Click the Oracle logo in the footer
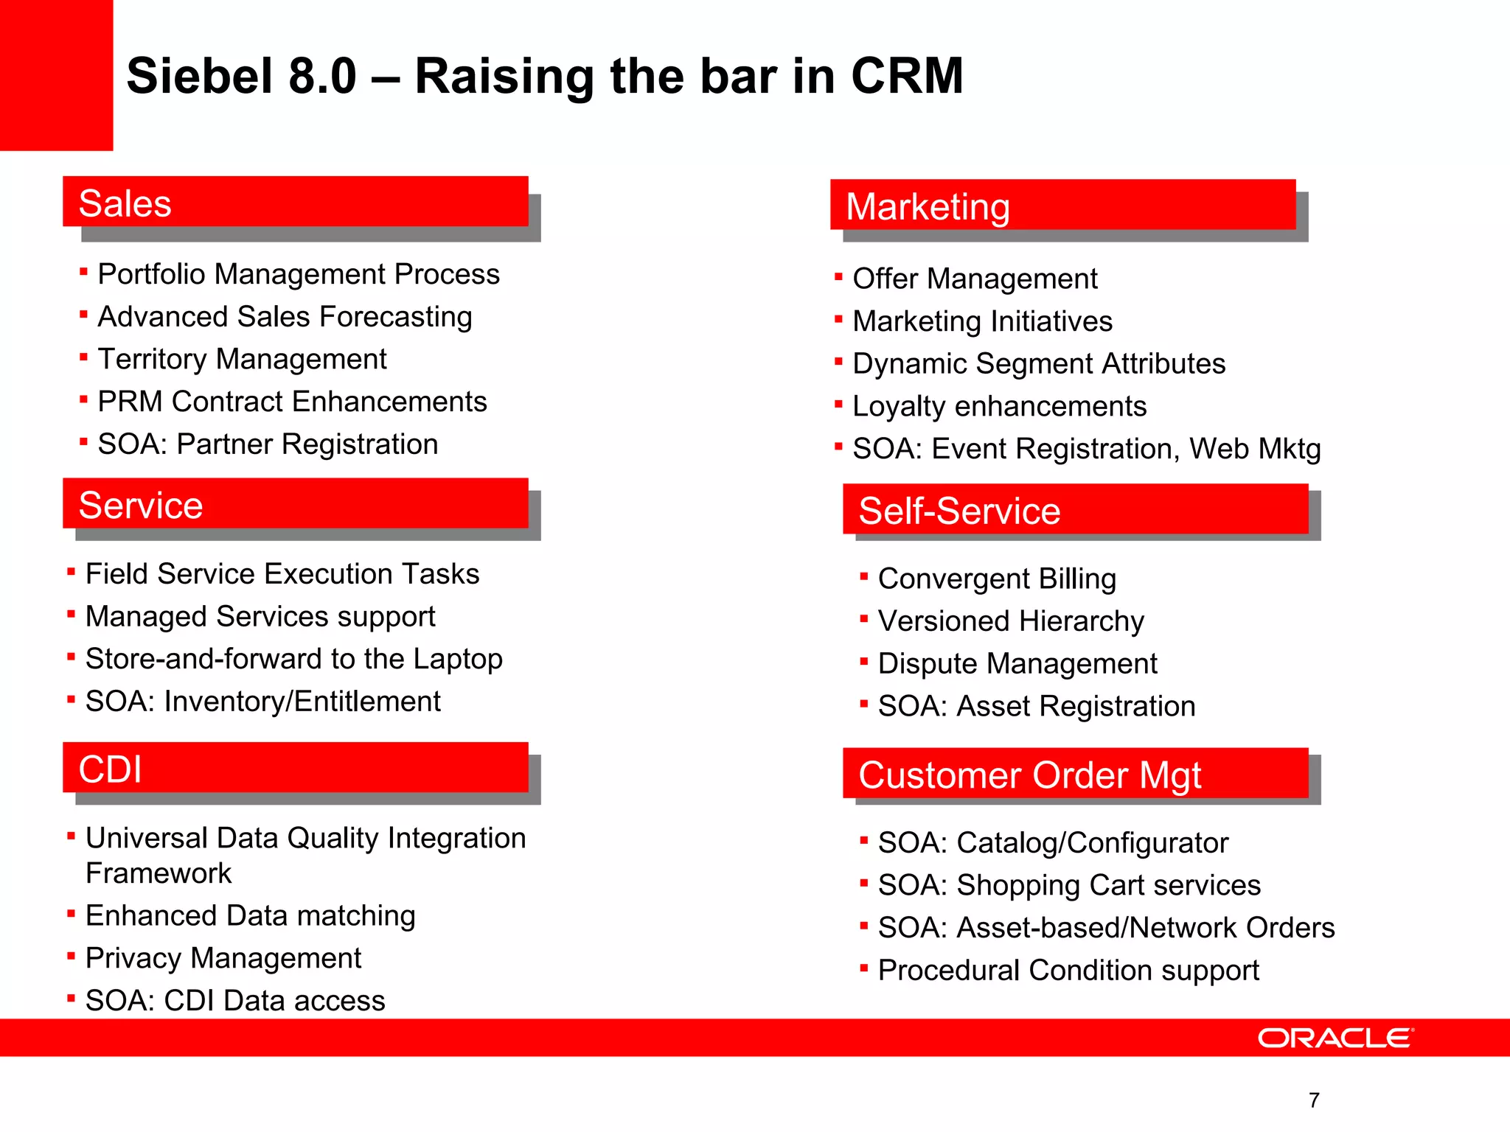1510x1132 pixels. tap(1335, 1038)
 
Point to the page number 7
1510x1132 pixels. tap(1314, 1100)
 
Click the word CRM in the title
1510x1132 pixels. tap(906, 76)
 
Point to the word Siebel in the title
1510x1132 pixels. tap(200, 76)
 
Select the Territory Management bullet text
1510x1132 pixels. tap(242, 360)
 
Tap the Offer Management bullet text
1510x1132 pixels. tap(975, 279)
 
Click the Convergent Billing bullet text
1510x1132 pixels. tap(997, 579)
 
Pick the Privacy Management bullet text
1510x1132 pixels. tap(223, 959)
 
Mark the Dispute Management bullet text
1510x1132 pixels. tap(1017, 664)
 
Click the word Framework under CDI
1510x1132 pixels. tap(159, 874)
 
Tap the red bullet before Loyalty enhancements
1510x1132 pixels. tap(838, 404)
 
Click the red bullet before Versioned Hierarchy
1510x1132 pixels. tap(863, 619)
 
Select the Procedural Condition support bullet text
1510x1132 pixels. tap(1068, 971)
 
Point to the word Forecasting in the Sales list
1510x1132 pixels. tap(396, 318)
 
